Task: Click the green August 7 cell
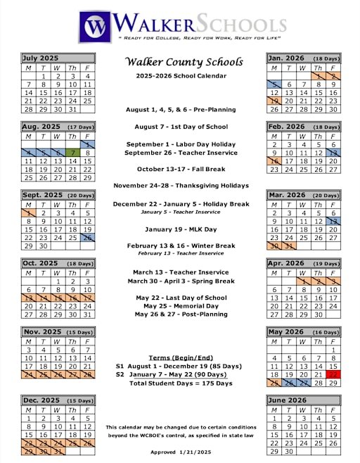[x=72, y=152]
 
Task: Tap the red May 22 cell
[x=333, y=375]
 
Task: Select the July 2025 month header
[x=40, y=58]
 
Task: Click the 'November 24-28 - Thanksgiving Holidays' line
[x=181, y=186]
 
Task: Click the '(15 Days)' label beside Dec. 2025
[x=79, y=400]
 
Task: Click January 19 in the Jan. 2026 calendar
[x=274, y=101]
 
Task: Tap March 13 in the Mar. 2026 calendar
[x=333, y=220]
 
